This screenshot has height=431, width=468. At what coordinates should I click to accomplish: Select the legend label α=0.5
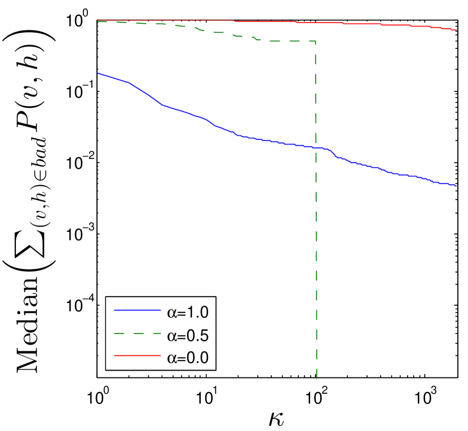(188, 336)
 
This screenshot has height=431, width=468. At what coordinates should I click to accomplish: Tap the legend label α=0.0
(188, 358)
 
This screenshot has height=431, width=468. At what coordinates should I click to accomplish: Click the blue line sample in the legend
(137, 311)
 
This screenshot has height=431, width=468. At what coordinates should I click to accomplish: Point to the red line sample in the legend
(137, 356)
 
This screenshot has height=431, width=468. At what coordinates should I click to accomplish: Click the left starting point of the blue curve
(98, 73)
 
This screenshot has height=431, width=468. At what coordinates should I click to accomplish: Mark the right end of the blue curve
(456, 185)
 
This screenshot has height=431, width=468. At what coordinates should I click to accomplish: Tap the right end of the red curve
(456, 30)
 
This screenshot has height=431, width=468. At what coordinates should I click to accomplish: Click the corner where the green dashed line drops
(315, 41)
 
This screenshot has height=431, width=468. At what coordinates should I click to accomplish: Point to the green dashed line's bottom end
(317, 377)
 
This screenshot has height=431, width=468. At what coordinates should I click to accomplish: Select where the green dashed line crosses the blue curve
(316, 148)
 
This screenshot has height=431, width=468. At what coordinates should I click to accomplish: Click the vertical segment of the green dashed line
(316, 226)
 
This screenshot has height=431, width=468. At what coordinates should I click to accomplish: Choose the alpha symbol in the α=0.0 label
(172, 359)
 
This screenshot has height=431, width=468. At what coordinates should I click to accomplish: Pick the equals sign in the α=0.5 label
(182, 336)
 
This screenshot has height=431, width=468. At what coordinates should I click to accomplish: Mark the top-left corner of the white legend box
(106, 296)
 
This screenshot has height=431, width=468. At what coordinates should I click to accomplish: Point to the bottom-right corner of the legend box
(215, 370)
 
